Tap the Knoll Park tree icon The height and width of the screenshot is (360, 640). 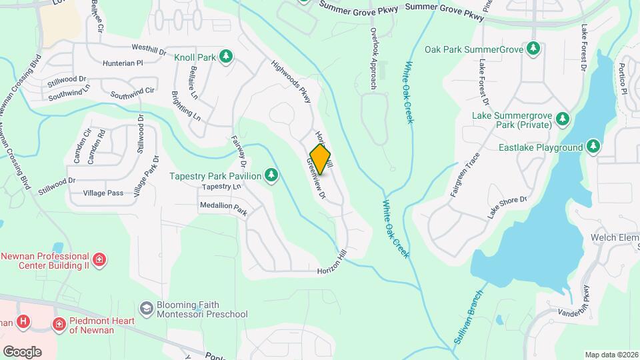pos(227,57)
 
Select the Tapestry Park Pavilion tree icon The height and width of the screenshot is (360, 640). pos(271,175)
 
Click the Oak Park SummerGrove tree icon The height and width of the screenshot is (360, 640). pos(533,49)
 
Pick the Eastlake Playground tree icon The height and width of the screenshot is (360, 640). pos(593,147)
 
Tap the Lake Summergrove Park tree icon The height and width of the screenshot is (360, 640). pos(563,119)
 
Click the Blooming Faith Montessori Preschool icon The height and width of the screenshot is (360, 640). pos(146,309)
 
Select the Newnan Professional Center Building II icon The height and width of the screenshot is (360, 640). pos(99,259)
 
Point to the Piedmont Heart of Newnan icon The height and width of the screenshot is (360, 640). pos(59,325)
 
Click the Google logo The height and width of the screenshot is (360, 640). pos(22,351)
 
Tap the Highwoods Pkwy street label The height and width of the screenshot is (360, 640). pos(292,82)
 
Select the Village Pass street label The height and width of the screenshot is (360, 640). pos(103,193)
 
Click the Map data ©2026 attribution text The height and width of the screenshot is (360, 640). pos(611,355)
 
